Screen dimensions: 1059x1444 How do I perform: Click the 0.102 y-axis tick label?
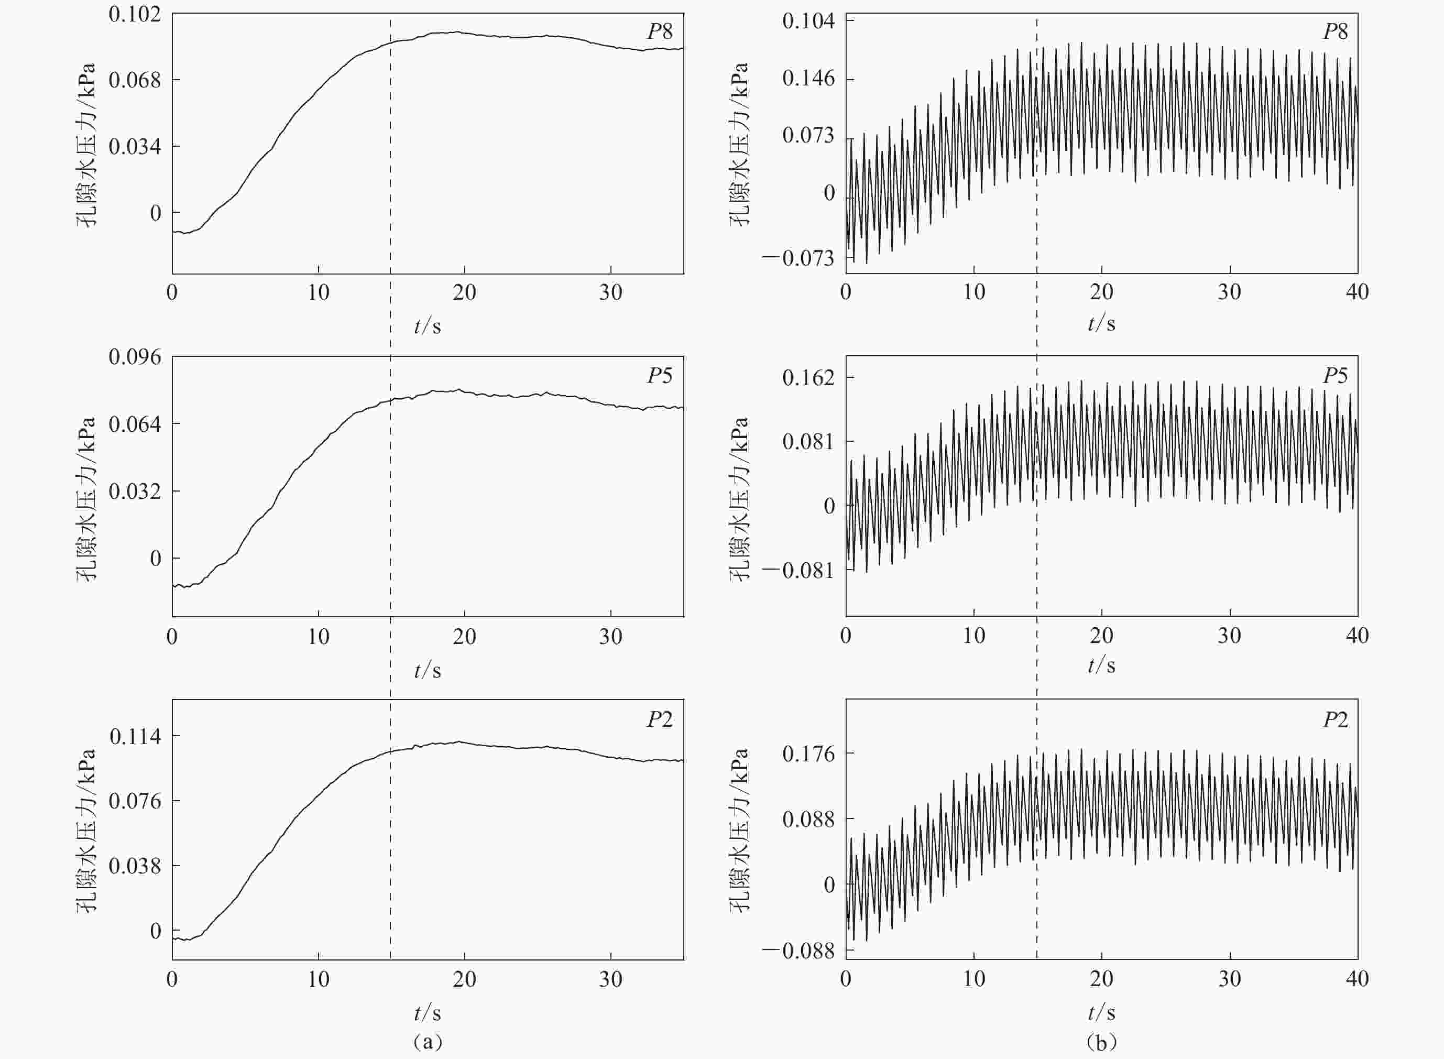[135, 14]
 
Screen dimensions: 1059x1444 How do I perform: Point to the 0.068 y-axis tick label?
[135, 80]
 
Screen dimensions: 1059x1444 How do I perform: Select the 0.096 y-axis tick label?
[135, 357]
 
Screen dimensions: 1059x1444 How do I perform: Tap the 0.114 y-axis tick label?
[135, 737]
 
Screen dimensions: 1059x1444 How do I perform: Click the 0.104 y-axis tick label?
[808, 21]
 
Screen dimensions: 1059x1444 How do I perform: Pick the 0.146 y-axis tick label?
[808, 79]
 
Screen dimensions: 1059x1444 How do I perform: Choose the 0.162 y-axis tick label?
[808, 378]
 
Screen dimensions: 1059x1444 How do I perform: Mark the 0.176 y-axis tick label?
[808, 754]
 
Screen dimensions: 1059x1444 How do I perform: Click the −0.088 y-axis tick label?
[798, 951]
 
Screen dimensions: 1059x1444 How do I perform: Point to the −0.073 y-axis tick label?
[798, 258]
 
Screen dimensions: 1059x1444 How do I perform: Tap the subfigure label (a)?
[428, 1042]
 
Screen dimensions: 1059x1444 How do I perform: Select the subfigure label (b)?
[1101, 1042]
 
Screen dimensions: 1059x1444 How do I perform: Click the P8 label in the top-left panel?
[660, 31]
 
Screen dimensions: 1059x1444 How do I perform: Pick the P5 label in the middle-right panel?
[1335, 376]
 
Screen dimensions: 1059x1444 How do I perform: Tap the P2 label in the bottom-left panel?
[660, 719]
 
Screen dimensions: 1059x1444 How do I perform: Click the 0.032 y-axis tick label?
[135, 492]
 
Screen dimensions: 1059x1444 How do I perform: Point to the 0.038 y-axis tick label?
[135, 866]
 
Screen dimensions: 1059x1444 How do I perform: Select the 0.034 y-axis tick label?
[135, 147]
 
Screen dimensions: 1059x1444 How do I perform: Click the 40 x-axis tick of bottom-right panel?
[1357, 979]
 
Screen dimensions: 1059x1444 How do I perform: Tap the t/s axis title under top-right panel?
[1101, 324]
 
